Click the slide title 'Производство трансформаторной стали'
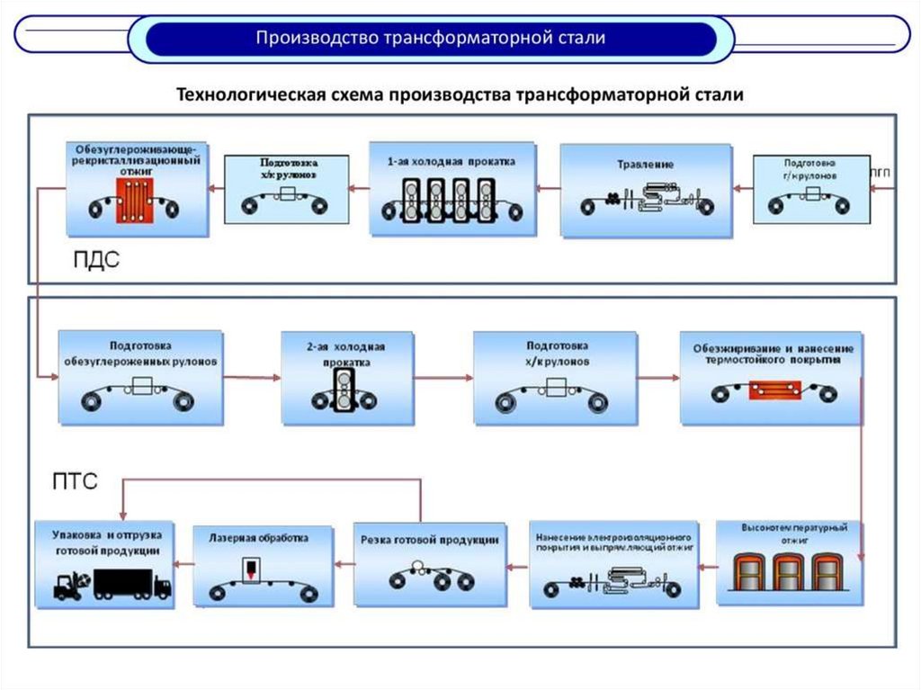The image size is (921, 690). point(431,39)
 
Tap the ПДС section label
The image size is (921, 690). point(96,260)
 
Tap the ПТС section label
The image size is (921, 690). point(74,483)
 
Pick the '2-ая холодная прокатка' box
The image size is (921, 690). point(346,378)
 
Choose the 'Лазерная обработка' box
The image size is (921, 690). point(258,565)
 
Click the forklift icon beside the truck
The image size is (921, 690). point(68,585)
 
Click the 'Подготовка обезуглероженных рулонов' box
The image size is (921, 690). point(140,378)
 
